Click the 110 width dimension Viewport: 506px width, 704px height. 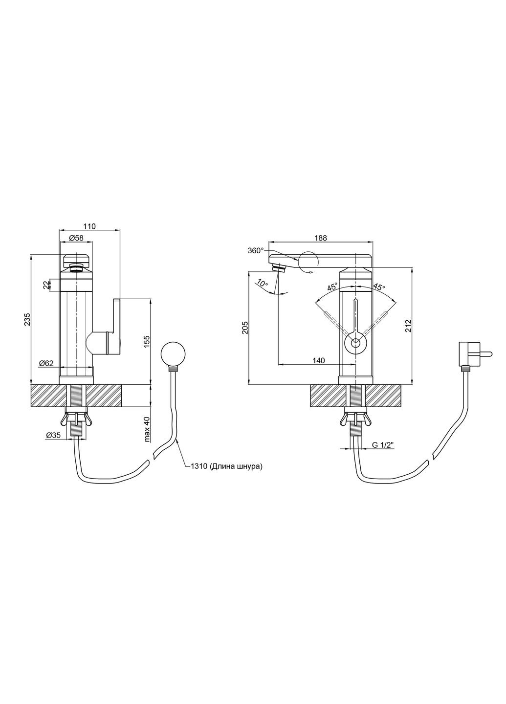(x=89, y=226)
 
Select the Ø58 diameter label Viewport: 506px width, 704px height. (x=76, y=238)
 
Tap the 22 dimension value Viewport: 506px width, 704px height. (x=46, y=285)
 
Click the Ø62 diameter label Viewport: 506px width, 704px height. (x=46, y=363)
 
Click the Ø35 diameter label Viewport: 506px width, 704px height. (x=53, y=435)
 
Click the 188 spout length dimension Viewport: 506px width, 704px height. (x=321, y=238)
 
